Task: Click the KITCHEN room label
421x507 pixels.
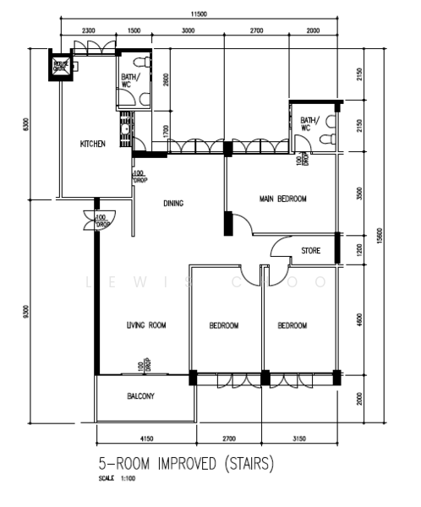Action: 92,144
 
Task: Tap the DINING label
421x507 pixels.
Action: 173,203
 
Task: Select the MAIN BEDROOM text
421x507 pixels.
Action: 282,199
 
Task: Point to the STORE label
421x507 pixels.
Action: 310,250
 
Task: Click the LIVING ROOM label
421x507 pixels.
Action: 145,325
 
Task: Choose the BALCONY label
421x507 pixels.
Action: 140,395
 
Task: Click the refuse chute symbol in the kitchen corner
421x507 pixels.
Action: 61,66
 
